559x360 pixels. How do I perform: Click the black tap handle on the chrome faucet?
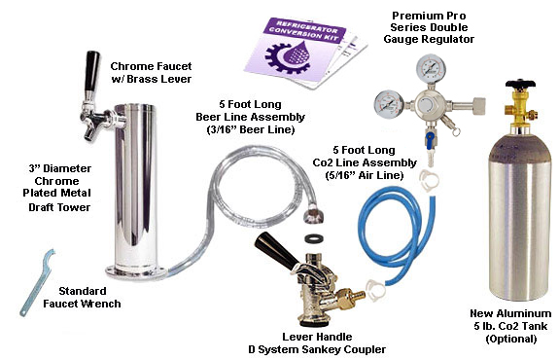pyautogui.click(x=91, y=71)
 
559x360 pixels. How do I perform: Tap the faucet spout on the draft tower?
pyautogui.click(x=88, y=132)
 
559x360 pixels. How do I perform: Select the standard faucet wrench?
pyautogui.click(x=36, y=282)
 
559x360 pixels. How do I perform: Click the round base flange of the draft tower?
pyautogui.click(x=135, y=271)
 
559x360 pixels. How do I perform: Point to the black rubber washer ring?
pyautogui.click(x=314, y=238)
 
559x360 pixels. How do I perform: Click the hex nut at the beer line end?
pyautogui.click(x=314, y=213)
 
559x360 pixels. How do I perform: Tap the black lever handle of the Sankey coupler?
pyautogui.click(x=275, y=250)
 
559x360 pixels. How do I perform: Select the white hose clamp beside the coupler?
pyautogui.click(x=375, y=289)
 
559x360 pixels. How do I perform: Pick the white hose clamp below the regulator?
pyautogui.click(x=429, y=181)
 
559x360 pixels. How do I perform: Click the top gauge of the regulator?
pyautogui.click(x=430, y=68)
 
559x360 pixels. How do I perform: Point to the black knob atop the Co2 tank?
pyautogui.click(x=520, y=85)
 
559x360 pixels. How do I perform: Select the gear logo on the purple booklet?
pyautogui.click(x=290, y=57)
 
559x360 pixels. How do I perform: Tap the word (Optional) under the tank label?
pyautogui.click(x=510, y=339)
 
